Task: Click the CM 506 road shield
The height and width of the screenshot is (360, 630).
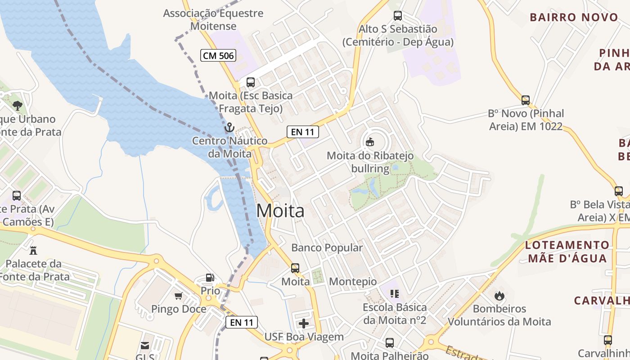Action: tap(218, 56)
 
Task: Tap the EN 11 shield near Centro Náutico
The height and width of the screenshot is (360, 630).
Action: tap(303, 132)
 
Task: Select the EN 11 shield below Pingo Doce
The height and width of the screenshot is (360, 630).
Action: tap(242, 322)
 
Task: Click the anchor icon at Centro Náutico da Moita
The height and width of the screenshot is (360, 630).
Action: tap(229, 128)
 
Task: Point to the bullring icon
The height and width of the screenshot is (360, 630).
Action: tap(370, 142)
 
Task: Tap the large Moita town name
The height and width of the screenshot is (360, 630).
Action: tap(280, 211)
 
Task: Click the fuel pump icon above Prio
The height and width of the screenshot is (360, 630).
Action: tap(210, 278)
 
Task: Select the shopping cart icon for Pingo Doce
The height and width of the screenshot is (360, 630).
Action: tap(179, 296)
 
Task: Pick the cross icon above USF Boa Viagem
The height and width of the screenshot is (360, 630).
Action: tap(304, 323)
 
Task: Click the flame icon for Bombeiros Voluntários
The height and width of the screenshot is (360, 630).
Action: tap(499, 296)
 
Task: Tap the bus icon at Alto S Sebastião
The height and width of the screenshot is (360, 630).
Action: tap(398, 16)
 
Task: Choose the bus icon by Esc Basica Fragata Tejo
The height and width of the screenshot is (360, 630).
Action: tap(251, 82)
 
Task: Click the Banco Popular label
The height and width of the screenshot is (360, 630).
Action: tap(327, 247)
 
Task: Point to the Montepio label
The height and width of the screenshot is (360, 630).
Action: tap(353, 282)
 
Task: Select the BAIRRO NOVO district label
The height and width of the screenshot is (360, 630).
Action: tap(574, 18)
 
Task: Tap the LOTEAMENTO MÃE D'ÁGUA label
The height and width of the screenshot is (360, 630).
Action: tap(567, 252)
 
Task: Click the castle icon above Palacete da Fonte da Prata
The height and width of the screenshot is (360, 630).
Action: tap(33, 250)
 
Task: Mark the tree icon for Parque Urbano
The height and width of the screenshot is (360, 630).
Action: tap(18, 106)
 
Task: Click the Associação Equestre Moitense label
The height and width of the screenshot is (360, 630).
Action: tap(213, 19)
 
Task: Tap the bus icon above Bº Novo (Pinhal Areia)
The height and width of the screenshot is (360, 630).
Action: tap(526, 100)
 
